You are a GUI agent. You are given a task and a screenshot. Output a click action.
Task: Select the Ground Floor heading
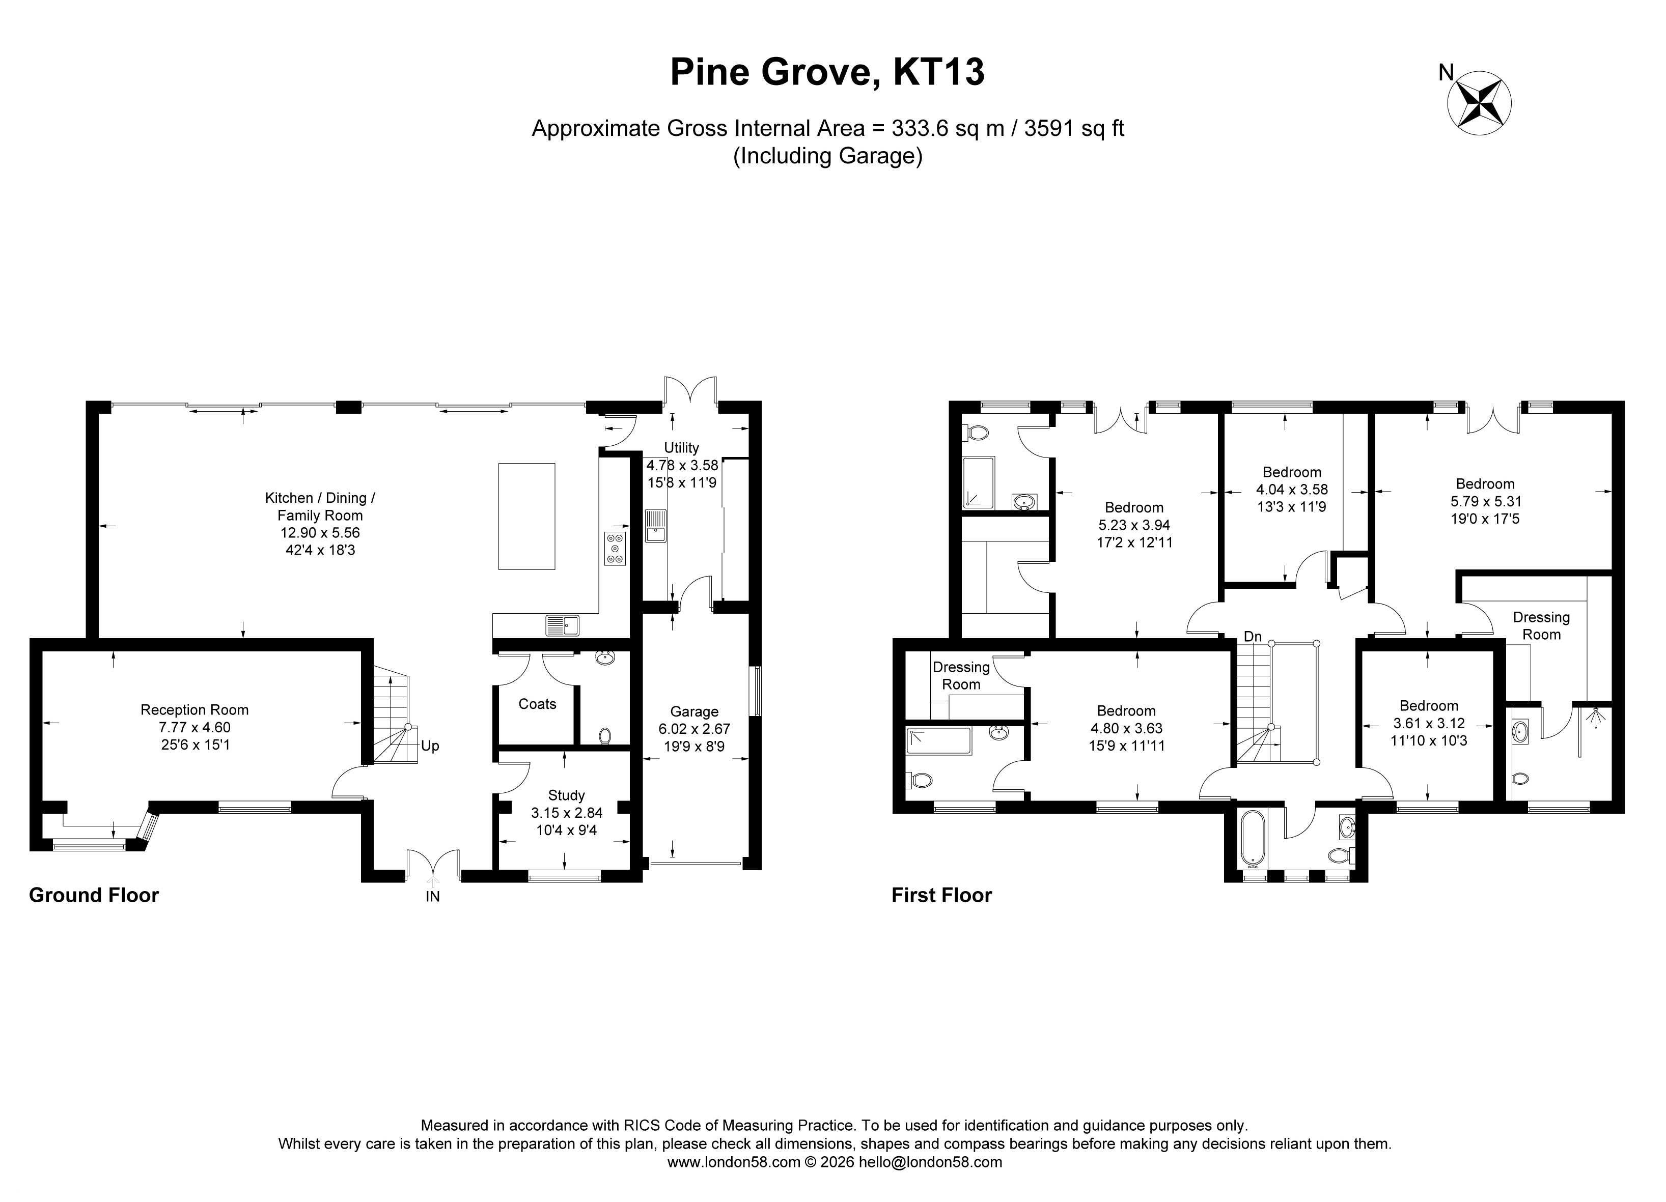point(94,895)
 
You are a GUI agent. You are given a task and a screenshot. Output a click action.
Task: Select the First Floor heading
point(942,895)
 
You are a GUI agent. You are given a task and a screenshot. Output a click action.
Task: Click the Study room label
point(566,795)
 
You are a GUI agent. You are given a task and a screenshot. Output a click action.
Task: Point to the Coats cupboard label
point(537,704)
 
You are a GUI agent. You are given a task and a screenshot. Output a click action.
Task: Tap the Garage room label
point(694,711)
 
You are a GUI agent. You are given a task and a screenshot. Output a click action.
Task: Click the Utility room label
point(682,447)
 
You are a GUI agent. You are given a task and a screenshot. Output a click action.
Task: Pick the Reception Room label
point(195,710)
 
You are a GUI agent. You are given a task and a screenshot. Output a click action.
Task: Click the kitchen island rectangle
point(526,516)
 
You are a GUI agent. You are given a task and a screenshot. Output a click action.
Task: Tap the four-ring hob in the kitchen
point(615,549)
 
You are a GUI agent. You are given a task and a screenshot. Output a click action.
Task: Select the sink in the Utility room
point(656,525)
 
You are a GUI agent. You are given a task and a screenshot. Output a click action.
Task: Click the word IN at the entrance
point(433,897)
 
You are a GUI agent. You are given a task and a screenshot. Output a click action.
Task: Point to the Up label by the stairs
point(430,746)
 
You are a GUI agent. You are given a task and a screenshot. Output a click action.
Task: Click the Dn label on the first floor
point(1253,637)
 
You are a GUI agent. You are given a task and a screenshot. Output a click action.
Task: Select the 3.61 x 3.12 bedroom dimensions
point(1429,723)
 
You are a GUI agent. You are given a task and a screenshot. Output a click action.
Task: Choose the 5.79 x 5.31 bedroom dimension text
point(1485,501)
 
